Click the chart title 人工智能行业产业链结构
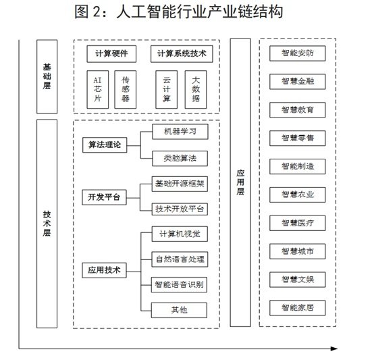(200, 12)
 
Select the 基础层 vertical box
(47, 76)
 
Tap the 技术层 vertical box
(47, 224)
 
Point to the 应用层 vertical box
(240, 182)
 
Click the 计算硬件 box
(111, 54)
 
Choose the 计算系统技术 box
(182, 54)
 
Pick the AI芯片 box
(98, 89)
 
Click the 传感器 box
(126, 89)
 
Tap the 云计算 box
(167, 89)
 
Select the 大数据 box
(196, 89)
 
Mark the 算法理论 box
(105, 145)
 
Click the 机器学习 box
(180, 132)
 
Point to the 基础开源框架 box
(180, 184)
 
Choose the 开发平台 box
(104, 197)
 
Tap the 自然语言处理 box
(180, 259)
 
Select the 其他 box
(179, 310)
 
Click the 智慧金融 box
(298, 82)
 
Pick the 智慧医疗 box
(298, 223)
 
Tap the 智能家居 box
(298, 308)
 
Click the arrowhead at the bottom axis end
(334, 349)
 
